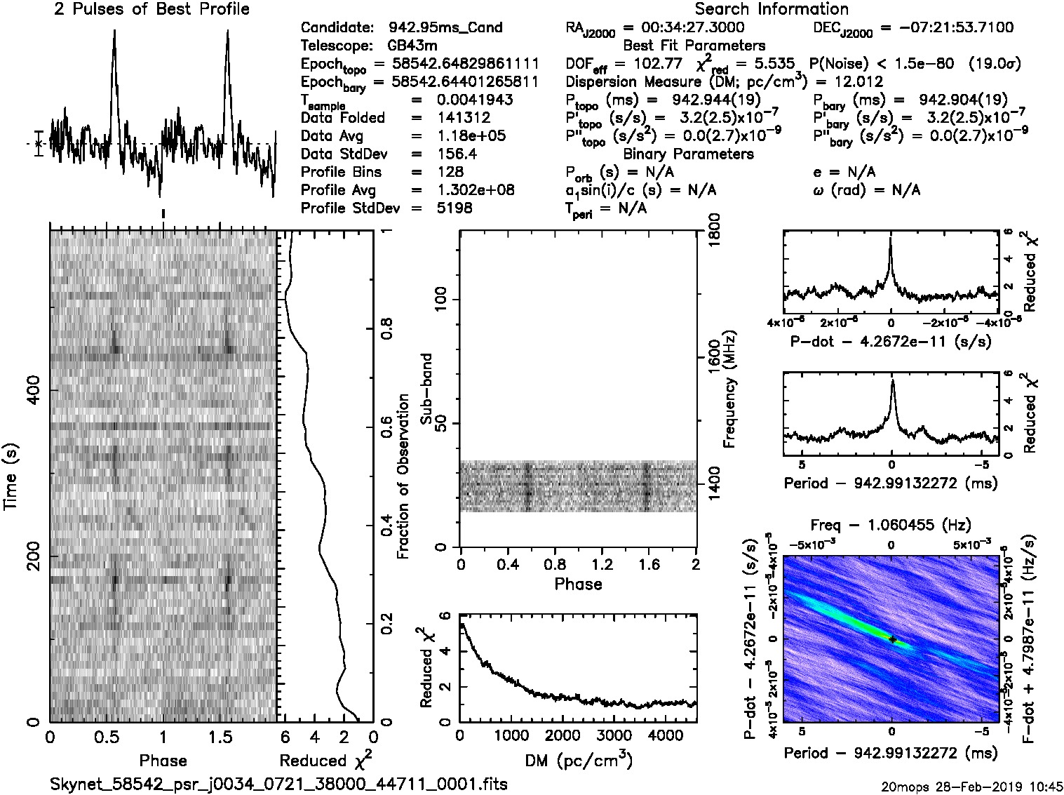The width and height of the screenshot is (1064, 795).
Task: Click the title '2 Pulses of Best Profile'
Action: [x=151, y=9]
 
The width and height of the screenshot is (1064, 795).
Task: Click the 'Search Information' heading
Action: [x=772, y=9]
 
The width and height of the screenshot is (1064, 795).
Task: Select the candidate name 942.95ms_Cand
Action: [x=445, y=27]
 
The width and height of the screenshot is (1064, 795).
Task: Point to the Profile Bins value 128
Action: [x=450, y=172]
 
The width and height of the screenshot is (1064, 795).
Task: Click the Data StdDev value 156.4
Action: [x=457, y=154]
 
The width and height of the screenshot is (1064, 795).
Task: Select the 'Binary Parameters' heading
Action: [x=688, y=154]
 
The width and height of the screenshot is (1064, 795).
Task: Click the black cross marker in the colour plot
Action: [x=892, y=639]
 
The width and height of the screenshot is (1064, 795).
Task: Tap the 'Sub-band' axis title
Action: [x=426, y=389]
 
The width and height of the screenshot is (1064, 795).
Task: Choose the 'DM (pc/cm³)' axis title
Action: [x=578, y=761]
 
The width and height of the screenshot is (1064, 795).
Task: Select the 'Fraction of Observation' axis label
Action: [x=403, y=476]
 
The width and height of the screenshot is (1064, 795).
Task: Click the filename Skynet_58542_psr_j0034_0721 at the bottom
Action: [x=278, y=783]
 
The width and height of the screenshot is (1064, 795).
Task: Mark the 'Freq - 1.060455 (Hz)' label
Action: [x=891, y=525]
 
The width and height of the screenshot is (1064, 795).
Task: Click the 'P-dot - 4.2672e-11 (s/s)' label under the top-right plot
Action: [x=891, y=342]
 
